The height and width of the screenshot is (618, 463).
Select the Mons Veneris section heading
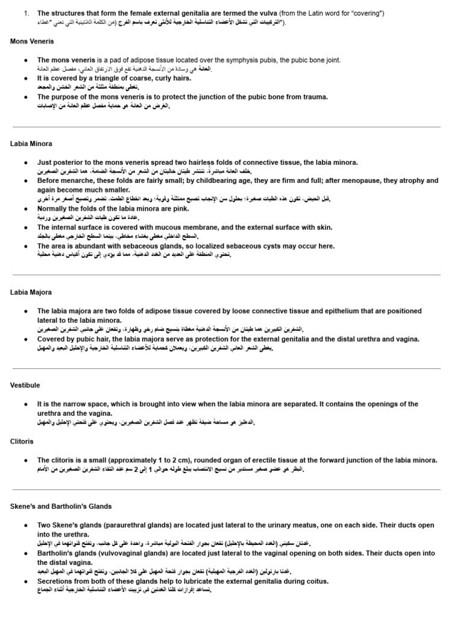pyautogui.click(x=32, y=41)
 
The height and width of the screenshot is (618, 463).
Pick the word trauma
pyautogui.click(x=313, y=97)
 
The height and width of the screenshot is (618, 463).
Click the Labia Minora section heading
pyautogui.click(x=31, y=144)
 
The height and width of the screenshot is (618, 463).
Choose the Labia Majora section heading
pyautogui.click(x=31, y=292)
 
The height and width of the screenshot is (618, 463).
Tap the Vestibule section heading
pyautogui.click(x=25, y=385)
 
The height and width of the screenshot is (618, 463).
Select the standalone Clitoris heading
pyautogui.click(x=22, y=441)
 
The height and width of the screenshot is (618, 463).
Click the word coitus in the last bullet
pyautogui.click(x=315, y=581)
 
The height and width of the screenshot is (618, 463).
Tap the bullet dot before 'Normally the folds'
pyautogui.click(x=25, y=209)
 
